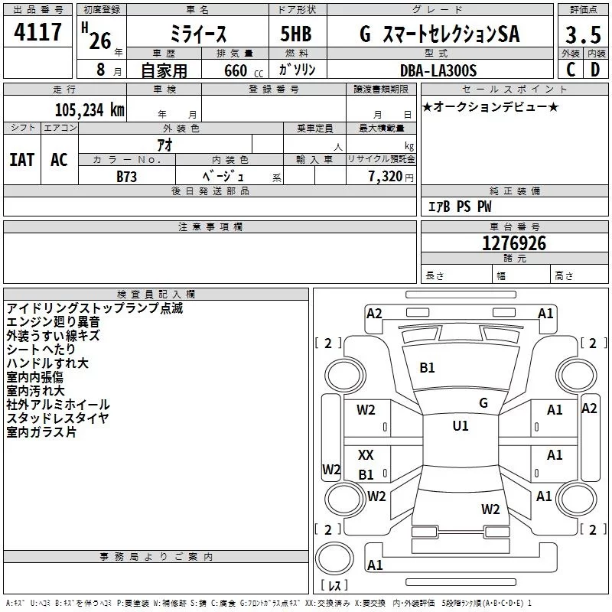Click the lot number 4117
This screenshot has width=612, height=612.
coord(38,33)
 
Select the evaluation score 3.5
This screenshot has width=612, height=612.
coord(582,35)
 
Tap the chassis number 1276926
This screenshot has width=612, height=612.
coord(514,243)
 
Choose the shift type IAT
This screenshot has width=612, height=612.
coord(21,159)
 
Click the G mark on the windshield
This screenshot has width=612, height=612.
coord(483,402)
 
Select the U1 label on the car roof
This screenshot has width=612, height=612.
coord(461,426)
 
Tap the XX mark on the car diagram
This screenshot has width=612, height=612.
coord(366,455)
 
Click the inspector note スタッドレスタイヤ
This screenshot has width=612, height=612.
coord(58,418)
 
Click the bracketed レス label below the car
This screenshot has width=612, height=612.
coord(334,587)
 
